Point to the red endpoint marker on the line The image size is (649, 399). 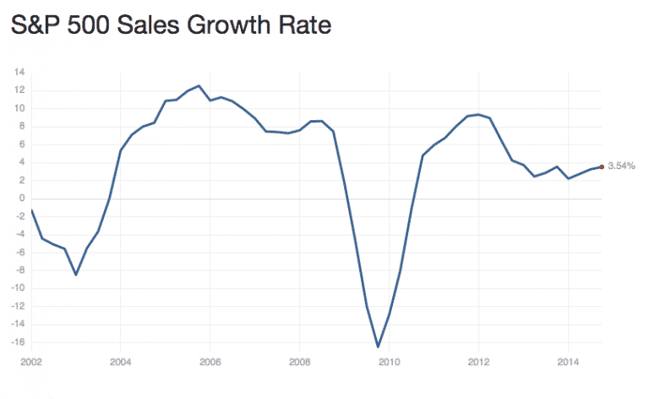[x=601, y=167]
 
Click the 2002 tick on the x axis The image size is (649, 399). [x=31, y=362]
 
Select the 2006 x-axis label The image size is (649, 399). [x=210, y=362]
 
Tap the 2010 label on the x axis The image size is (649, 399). [x=389, y=362]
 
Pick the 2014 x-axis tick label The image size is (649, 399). [x=568, y=362]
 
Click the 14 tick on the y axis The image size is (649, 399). [x=20, y=72]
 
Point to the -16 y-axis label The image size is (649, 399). [x=18, y=342]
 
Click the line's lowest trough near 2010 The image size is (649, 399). [x=378, y=347]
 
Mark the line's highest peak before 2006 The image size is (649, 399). [x=199, y=85]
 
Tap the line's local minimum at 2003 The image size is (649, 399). [x=76, y=275]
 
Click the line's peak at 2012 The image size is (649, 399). [x=478, y=114]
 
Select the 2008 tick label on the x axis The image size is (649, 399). [x=299, y=362]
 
